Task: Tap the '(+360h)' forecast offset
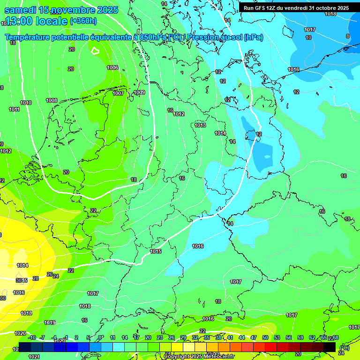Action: pos(83,21)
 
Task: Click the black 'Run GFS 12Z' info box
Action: pos(295,8)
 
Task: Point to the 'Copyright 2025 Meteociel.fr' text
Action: pos(199,356)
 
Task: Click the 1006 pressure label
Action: pos(112,68)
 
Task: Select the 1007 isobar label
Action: pos(118,93)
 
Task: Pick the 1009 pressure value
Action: pos(139,93)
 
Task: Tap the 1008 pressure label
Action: pos(52,100)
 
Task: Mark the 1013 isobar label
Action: pos(200,125)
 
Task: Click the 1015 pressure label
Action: pos(156,252)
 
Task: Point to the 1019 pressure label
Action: pos(50,323)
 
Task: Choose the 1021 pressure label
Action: pos(34,357)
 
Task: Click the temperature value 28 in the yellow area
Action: pos(36,278)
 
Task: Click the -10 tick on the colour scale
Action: pos(31,337)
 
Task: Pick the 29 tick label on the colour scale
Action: pos(183,337)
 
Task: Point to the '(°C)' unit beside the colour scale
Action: pos(345,347)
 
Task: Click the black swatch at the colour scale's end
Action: pos(330,347)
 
